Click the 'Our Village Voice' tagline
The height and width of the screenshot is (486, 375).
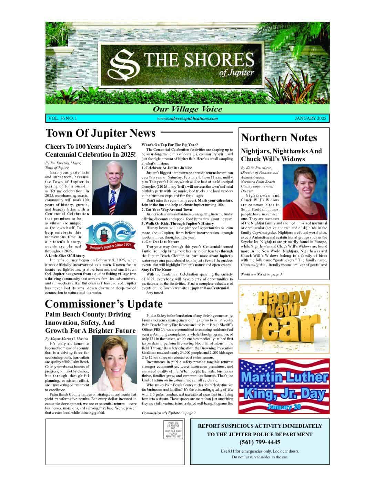[187, 109]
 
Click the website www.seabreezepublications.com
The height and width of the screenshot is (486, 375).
[187, 118]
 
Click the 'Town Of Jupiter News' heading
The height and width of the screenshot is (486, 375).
[101, 133]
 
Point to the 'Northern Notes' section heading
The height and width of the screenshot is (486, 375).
[279, 137]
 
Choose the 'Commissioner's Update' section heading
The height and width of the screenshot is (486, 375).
[104, 304]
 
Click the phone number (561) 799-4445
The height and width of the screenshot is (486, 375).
[260, 442]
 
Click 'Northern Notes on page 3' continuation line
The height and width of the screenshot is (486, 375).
[262, 274]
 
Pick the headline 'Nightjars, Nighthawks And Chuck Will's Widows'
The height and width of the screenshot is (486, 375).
[281, 155]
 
